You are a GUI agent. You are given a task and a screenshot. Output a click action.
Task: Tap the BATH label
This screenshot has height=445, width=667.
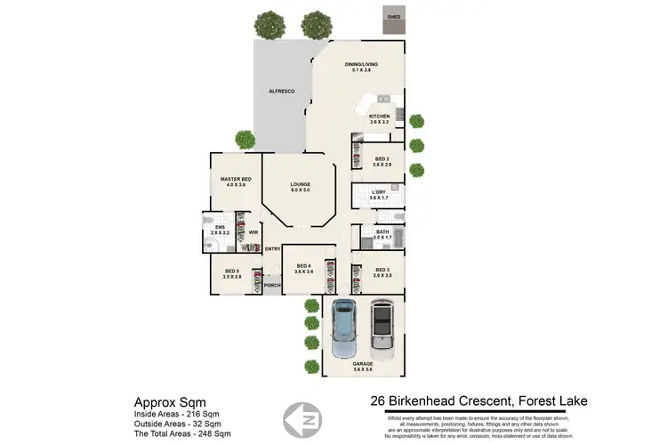(382, 234)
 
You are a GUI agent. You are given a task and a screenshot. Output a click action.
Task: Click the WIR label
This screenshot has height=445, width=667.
(253, 233)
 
